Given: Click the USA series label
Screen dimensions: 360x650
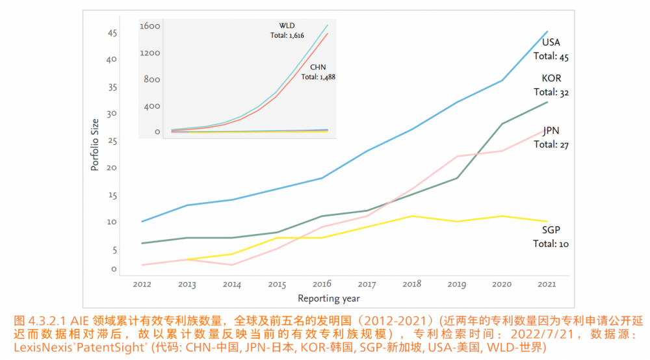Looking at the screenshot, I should click(551, 43).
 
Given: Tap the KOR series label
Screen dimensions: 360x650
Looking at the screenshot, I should click(551, 79).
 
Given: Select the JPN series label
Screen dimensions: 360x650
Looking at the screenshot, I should click(551, 131).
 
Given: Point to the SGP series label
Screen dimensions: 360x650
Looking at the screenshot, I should click(551, 230).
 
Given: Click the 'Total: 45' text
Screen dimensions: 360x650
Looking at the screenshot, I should click(551, 57).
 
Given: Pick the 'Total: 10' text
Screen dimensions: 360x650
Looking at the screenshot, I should click(551, 244).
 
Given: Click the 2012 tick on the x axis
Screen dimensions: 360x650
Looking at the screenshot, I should click(142, 284).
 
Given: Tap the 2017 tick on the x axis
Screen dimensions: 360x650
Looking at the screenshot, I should click(367, 284).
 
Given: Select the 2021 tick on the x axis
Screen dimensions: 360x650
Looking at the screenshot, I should click(547, 284).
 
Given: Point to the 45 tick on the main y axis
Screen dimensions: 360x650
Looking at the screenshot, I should click(112, 32).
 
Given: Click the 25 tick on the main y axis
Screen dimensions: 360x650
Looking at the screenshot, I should click(112, 141).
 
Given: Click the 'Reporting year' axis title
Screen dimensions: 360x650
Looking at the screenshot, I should click(328, 298).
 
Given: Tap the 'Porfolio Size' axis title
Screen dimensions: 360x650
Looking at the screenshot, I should click(95, 144).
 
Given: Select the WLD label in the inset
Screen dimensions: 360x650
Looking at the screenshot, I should click(287, 25).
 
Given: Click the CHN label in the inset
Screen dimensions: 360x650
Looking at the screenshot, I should click(318, 67).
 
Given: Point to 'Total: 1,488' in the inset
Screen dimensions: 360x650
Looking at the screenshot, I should click(318, 77).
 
